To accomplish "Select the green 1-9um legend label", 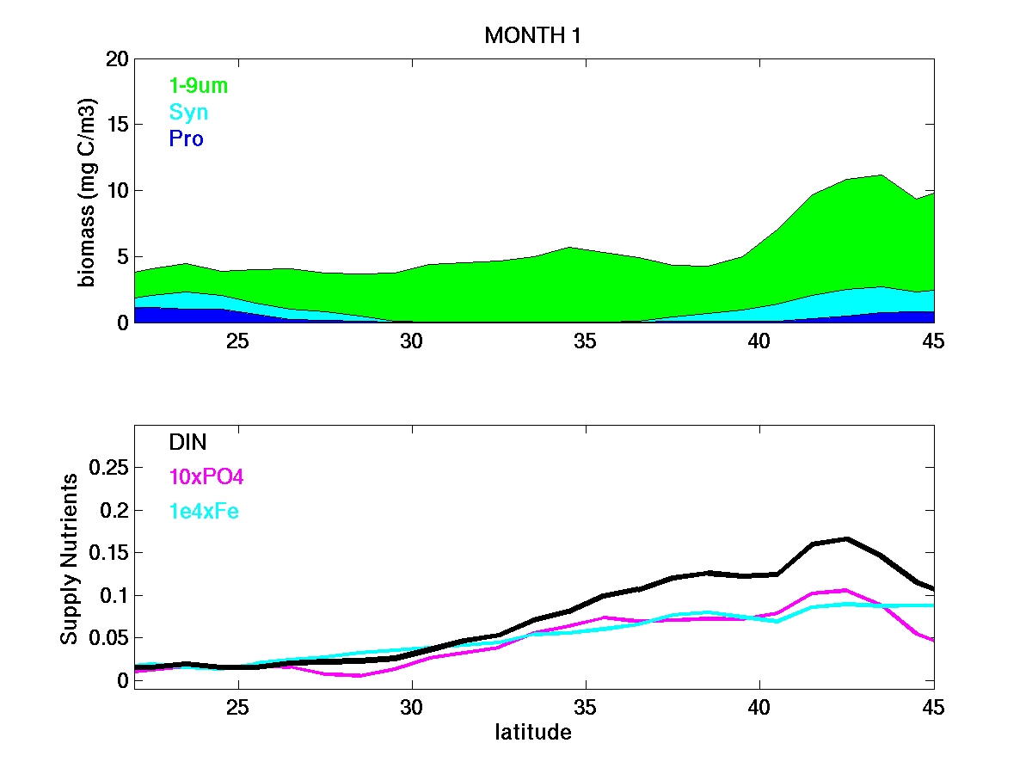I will pos(199,85).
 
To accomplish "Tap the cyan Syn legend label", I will pos(189,112).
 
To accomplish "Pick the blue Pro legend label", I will pos(187,138).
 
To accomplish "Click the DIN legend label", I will pos(188,442).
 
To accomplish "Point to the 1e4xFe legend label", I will pos(204,511).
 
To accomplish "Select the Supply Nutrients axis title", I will pos(70,559).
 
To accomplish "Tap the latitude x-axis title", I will pos(533,733).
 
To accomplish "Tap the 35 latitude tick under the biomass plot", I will pos(585,341).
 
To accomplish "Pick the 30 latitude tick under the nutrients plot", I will pos(412,707).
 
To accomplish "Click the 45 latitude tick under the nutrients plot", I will pos(932,707).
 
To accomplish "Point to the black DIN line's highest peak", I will pos(847,538).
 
